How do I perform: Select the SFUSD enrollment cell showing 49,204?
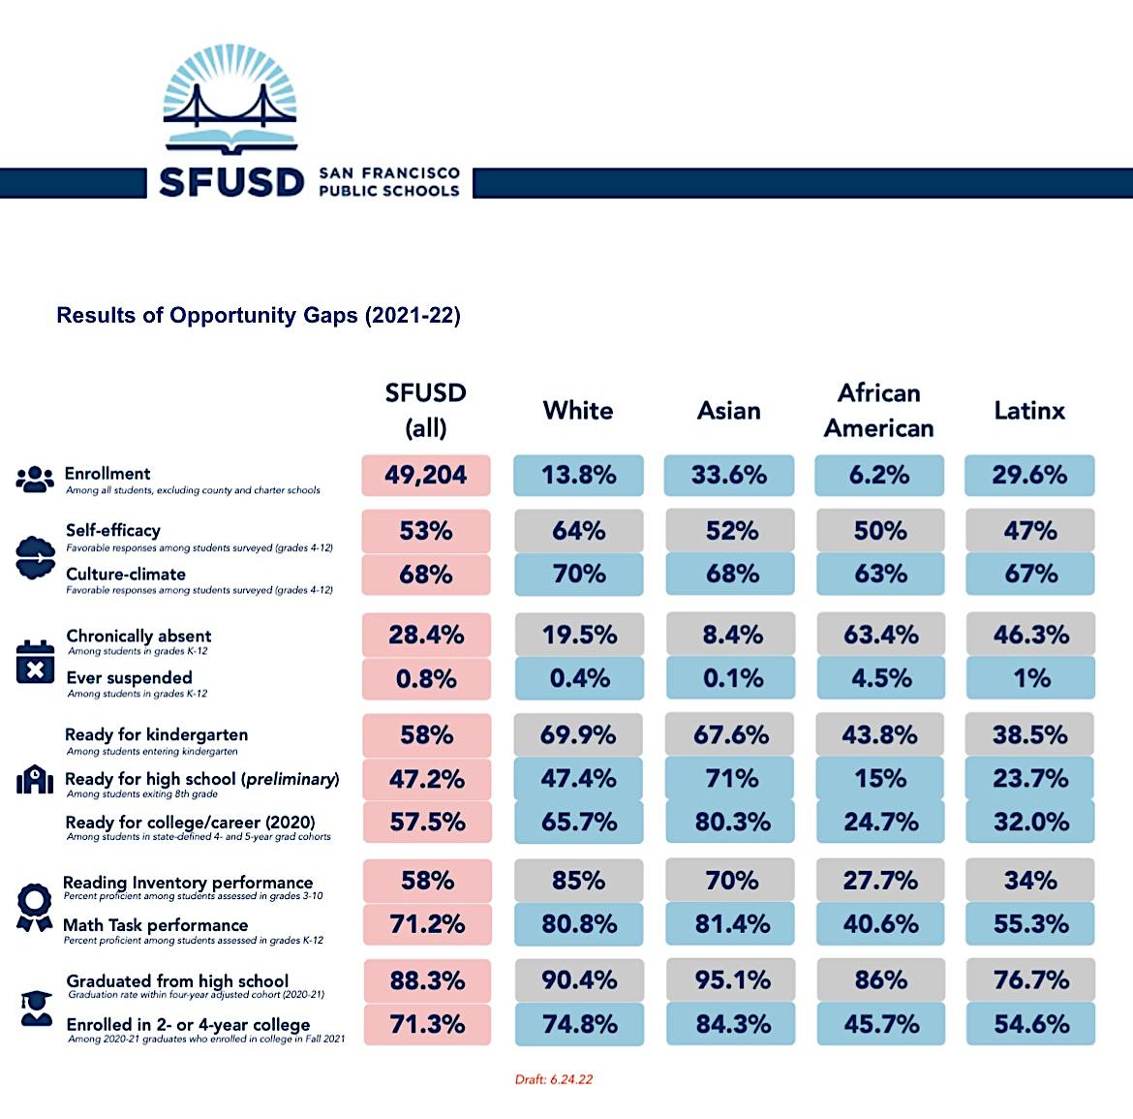click(426, 475)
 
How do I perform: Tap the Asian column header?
click(729, 411)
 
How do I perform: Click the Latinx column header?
click(1029, 411)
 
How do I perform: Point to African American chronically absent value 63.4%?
click(879, 636)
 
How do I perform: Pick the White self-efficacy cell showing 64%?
click(578, 531)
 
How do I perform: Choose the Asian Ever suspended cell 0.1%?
click(729, 678)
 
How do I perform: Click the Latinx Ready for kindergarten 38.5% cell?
click(1029, 735)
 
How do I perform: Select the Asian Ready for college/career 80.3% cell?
click(729, 823)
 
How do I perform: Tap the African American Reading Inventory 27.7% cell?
click(879, 881)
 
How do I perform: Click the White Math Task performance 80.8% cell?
click(578, 924)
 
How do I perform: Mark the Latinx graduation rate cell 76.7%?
click(1029, 980)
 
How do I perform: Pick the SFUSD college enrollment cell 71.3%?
click(426, 1024)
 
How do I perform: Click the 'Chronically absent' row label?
click(138, 637)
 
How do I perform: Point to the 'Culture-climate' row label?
click(126, 575)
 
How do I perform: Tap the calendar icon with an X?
click(35, 662)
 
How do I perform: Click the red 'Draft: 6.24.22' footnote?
click(553, 1079)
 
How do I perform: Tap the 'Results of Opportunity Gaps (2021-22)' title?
click(259, 316)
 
